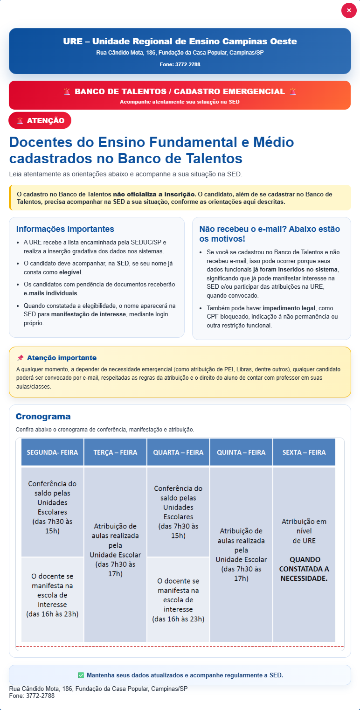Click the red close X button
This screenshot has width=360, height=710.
coord(349,10)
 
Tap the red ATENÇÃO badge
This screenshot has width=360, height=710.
coord(40,120)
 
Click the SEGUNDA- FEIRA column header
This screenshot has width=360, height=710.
coord(52,452)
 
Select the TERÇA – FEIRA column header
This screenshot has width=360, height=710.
coord(115,452)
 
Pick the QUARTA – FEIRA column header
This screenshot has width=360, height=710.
coord(178,452)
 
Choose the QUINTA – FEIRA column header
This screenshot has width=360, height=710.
coord(241,452)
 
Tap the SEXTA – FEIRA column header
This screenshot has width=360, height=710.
coord(304,452)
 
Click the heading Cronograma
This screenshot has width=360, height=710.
coord(43,417)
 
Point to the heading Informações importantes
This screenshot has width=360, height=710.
coord(65,229)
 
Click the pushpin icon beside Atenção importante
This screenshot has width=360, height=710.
coord(20,358)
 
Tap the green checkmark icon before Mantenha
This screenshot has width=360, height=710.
coord(81,675)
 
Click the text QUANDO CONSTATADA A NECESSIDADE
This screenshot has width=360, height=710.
coord(304,569)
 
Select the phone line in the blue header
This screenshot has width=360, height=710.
coord(180,64)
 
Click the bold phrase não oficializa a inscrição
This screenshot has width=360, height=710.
coord(154,194)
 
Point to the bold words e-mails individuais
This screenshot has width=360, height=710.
coord(51,293)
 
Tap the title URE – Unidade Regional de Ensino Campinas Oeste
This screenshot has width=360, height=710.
coord(180,42)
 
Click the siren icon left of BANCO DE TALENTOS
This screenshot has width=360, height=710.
coord(67,91)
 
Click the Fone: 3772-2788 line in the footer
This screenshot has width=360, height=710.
coord(32,696)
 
